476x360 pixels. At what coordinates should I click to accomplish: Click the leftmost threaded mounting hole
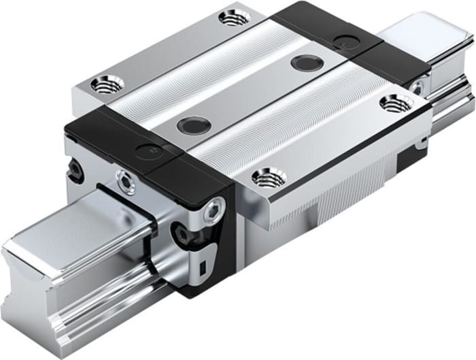coord(107,85)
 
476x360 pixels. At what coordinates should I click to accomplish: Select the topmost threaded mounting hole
coord(235,17)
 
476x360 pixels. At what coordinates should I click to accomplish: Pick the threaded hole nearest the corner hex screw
coord(269,178)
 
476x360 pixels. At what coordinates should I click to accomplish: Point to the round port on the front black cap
coord(145,152)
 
